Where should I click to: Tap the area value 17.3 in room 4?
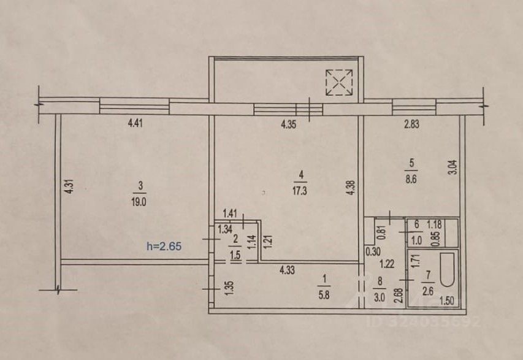coord(300,191)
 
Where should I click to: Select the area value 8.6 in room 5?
coord(411,179)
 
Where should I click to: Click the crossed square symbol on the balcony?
coord(340,82)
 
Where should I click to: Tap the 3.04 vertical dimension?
coord(453,165)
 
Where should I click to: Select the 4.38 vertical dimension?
coord(350,185)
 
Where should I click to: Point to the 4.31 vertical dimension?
coord(69,186)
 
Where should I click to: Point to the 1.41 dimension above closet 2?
coord(231,214)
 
